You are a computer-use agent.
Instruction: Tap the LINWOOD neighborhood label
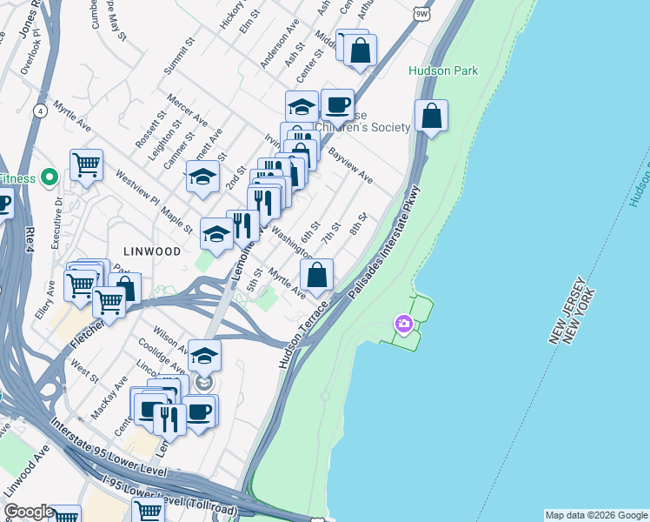151,251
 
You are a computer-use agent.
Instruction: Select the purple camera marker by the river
404,325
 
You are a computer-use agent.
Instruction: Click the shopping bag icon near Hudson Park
431,117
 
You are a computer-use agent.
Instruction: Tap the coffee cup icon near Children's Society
337,105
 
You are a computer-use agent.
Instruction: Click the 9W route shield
422,13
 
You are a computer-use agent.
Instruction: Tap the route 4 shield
41,110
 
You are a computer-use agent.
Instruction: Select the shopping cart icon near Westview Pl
86,164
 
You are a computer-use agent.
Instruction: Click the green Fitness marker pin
49,178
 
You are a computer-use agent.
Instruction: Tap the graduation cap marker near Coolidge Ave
204,356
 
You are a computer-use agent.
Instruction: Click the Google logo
28,512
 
